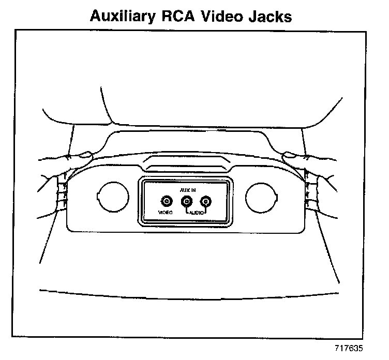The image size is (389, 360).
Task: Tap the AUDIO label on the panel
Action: coord(196,213)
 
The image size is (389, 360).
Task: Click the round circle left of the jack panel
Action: coord(112,196)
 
